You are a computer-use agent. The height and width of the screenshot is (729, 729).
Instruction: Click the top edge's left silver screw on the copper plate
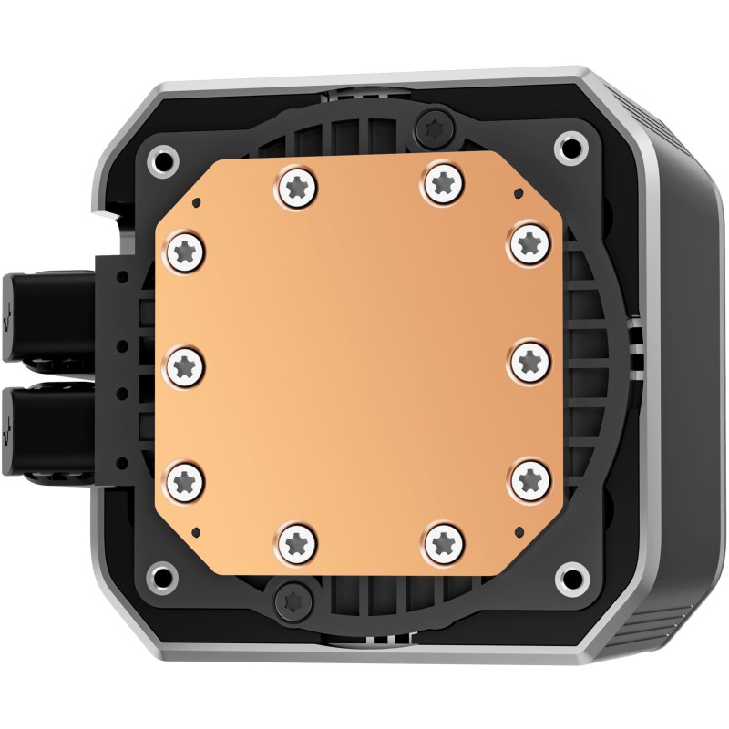pyautogui.click(x=295, y=185)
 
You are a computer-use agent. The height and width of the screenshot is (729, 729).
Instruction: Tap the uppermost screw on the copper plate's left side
pyautogui.click(x=184, y=248)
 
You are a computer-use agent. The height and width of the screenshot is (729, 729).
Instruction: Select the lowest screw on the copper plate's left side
pyautogui.click(x=183, y=477)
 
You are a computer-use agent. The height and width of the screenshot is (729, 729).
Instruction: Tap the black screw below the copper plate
pyautogui.click(x=294, y=598)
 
